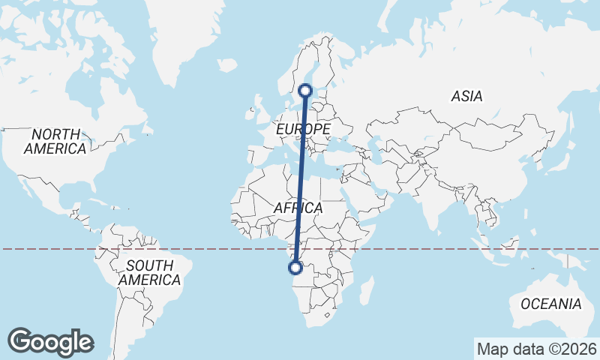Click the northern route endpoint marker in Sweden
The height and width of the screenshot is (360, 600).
(306, 91)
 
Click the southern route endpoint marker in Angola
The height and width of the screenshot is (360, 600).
(296, 267)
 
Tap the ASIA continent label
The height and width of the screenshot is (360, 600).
(466, 96)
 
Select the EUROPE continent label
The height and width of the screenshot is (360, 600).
(303, 130)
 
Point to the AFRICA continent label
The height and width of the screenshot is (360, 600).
(298, 208)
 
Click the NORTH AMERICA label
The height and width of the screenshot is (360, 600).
(55, 141)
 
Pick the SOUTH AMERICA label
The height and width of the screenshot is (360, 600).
(149, 272)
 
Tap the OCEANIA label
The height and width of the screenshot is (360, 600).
(551, 304)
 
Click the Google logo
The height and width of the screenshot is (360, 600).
(50, 341)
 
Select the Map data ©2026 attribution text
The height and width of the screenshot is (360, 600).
(537, 349)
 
